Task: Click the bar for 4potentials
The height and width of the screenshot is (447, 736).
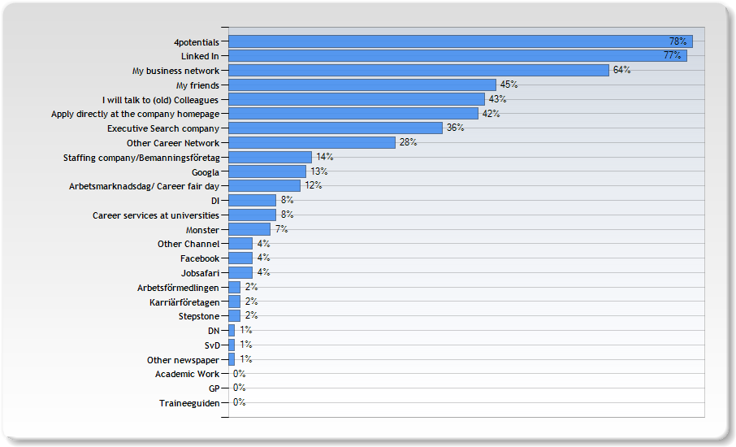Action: click(460, 41)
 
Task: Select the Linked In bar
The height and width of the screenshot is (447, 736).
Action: click(457, 55)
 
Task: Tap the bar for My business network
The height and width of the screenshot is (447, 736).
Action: click(418, 70)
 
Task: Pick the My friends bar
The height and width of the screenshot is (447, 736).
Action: click(362, 85)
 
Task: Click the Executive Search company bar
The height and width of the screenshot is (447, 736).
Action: click(336, 128)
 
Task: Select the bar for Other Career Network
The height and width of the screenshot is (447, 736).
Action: click(312, 142)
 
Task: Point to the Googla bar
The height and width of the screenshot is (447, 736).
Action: click(267, 171)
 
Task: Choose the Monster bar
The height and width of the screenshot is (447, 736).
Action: click(249, 229)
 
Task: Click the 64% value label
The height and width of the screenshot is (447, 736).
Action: click(621, 70)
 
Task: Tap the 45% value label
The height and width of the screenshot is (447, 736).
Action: click(509, 85)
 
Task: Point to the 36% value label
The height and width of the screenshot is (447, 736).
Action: click(455, 128)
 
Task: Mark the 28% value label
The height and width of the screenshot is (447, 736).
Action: click(408, 142)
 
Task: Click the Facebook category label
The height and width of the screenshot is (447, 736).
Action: click(199, 258)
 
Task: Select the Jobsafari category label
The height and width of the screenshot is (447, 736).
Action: click(199, 273)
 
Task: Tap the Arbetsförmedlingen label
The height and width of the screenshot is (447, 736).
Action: click(178, 288)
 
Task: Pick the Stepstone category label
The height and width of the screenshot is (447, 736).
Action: click(198, 316)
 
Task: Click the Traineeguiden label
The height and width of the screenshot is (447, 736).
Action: click(189, 403)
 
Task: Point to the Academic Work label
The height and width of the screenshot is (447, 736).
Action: click(187, 374)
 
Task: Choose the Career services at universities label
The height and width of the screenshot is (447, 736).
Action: click(155, 215)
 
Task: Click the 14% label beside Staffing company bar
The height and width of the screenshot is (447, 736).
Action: click(324, 157)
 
